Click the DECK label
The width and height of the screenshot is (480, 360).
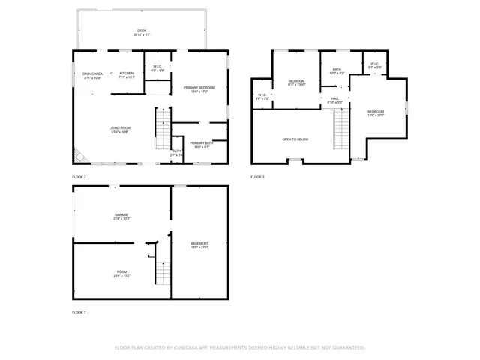point(142,31)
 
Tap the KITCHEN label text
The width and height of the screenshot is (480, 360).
point(126,73)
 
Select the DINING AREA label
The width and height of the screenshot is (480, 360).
point(93,73)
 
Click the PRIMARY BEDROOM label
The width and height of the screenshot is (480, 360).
point(199,88)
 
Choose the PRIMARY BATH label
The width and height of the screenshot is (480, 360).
point(200,142)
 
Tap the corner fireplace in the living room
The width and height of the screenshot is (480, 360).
point(78,155)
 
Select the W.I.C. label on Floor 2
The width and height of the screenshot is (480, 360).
point(157,66)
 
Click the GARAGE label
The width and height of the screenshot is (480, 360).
point(121,215)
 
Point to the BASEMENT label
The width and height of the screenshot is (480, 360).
point(199,243)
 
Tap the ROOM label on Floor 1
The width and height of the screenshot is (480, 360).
point(121,272)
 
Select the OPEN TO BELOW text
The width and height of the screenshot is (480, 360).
point(295,139)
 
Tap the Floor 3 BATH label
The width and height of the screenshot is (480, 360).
point(337,69)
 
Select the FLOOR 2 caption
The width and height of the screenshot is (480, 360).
point(79,177)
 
